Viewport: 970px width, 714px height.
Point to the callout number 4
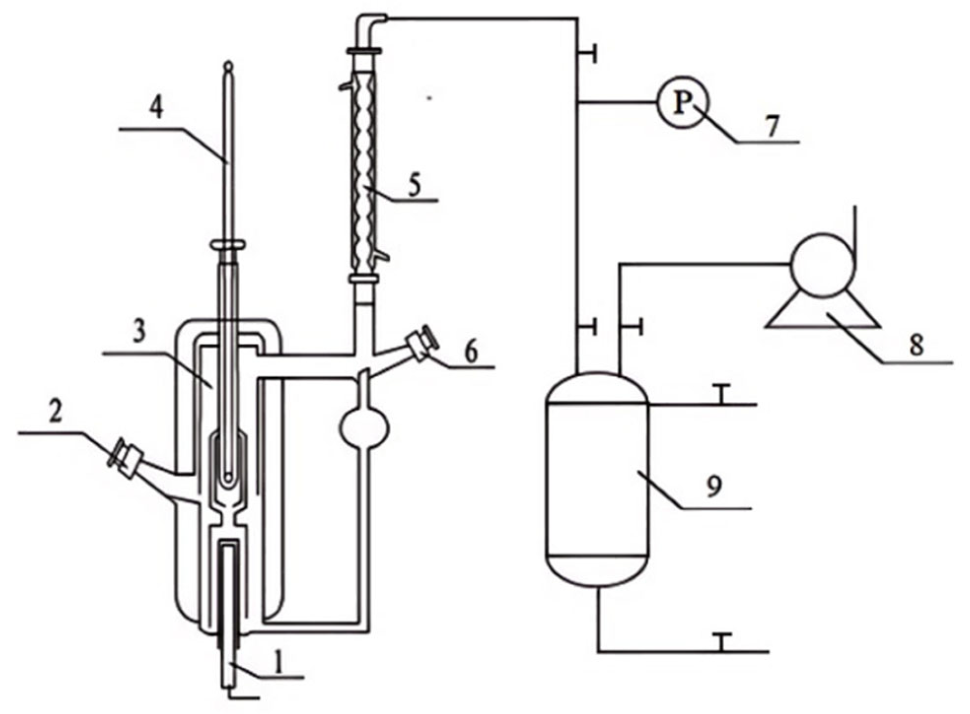point(156,108)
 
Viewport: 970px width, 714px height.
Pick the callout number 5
point(413,185)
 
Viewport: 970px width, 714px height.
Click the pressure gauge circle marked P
point(682,103)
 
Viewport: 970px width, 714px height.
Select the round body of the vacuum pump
point(822,265)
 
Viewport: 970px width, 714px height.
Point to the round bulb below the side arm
point(364,427)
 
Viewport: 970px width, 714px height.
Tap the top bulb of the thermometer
point(228,67)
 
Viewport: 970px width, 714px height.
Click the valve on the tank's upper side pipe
point(722,394)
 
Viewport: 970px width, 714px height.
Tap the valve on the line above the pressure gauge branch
point(587,53)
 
